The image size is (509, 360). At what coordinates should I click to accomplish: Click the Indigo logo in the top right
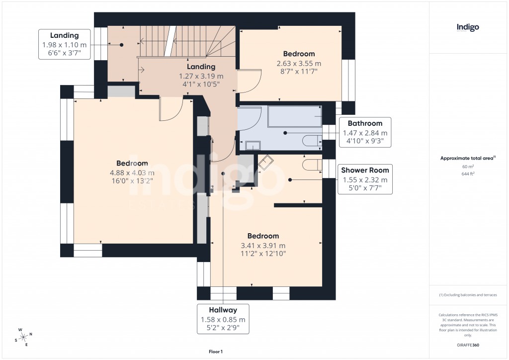click(x=468, y=28)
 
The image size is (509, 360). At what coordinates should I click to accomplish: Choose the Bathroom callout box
click(x=365, y=132)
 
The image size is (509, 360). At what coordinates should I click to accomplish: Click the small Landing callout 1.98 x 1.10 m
click(x=65, y=44)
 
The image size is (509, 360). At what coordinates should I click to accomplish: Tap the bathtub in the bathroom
click(x=295, y=117)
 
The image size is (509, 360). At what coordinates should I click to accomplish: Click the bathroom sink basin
click(x=254, y=145)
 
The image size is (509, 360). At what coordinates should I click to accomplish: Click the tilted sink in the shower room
click(x=265, y=162)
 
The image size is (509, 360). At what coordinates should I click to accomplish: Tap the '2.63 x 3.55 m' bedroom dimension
click(x=299, y=63)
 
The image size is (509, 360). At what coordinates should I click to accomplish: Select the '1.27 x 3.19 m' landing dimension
click(x=201, y=76)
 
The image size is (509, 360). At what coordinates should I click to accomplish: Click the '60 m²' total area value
click(x=467, y=167)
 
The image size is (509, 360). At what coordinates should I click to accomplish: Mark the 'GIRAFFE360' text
click(x=467, y=345)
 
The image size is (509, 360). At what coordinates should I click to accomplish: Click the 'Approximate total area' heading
click(x=466, y=158)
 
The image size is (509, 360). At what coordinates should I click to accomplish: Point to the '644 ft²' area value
click(x=467, y=175)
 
